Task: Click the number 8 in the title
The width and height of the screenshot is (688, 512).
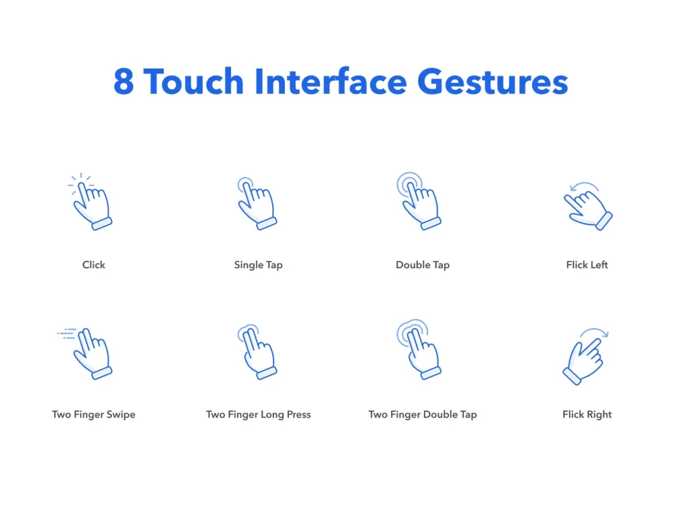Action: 123,82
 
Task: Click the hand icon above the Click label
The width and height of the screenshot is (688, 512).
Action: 91,203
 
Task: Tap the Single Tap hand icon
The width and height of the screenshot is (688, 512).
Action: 257,204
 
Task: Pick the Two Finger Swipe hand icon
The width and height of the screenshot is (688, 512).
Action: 91,353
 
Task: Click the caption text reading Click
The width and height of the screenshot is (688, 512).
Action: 93,265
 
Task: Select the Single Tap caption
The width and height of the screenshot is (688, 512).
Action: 258,265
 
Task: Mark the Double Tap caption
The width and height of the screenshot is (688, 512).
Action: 423,265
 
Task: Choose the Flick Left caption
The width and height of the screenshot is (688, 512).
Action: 587,265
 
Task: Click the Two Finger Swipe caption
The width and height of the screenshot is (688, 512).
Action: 93,415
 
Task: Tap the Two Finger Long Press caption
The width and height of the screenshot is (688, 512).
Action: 258,415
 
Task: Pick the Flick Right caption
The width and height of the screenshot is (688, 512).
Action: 587,415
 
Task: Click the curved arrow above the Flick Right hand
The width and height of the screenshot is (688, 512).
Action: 595,332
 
